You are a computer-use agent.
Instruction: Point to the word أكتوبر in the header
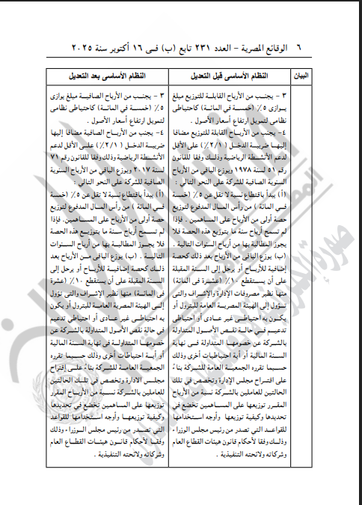(120, 46)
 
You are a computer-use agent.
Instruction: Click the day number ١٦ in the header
(145, 46)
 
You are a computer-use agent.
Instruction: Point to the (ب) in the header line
(173, 46)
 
